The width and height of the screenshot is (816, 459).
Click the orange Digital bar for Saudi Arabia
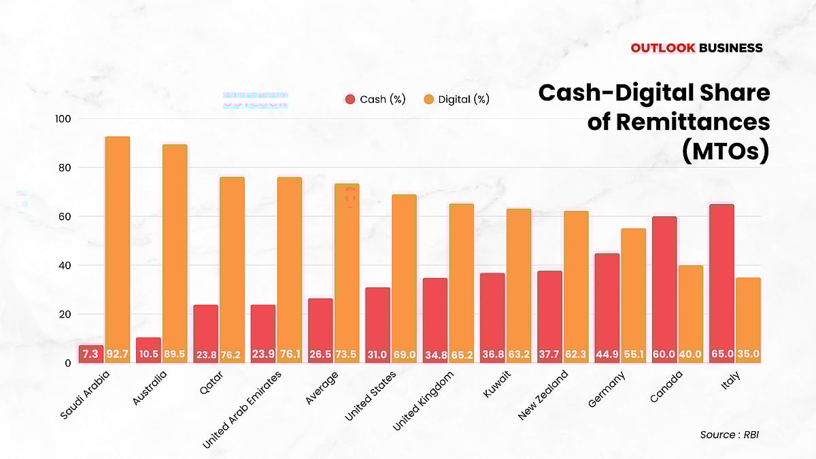point(117,245)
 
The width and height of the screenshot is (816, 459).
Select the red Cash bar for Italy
point(721,279)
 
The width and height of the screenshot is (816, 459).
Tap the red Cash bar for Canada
point(664,286)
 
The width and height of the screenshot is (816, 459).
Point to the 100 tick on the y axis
point(63,119)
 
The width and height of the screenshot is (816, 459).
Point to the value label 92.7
point(117,354)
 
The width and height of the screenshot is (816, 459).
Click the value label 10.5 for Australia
point(148,354)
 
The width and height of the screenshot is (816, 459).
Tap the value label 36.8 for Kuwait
point(492,354)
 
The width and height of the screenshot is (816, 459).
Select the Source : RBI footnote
point(728,435)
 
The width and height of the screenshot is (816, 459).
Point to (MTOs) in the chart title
point(725,151)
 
